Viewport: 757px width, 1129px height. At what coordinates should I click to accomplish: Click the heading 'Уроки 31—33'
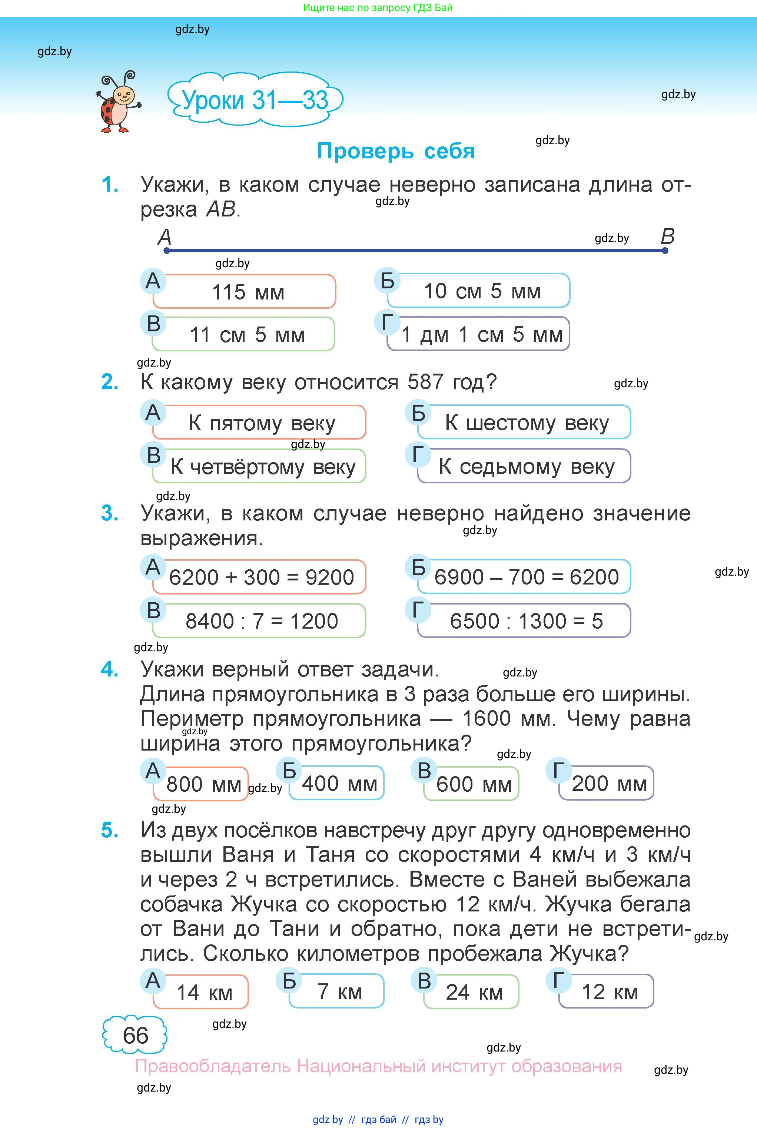(x=255, y=100)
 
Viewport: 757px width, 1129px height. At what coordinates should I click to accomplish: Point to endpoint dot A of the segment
(x=167, y=251)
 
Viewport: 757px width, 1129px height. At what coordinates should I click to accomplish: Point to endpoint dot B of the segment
(x=665, y=251)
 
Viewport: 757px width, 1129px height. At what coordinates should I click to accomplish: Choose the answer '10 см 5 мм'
(x=482, y=291)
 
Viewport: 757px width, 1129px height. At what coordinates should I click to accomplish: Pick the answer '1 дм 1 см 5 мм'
(x=481, y=334)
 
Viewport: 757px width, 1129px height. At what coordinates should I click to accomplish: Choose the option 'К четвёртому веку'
(x=263, y=467)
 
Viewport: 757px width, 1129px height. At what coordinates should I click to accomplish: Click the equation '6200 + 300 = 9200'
(x=261, y=577)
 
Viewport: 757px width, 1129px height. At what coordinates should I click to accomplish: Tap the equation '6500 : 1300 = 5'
(x=526, y=621)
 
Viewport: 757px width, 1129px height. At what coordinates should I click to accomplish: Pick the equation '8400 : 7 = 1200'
(x=261, y=621)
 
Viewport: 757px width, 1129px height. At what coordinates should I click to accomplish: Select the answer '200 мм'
(x=609, y=783)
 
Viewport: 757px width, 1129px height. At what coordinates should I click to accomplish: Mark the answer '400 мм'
(x=339, y=783)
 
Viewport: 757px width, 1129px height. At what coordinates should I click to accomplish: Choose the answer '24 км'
(x=474, y=992)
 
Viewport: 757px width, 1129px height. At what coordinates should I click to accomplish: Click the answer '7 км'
(x=339, y=991)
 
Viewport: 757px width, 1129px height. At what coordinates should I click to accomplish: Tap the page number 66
(x=135, y=1035)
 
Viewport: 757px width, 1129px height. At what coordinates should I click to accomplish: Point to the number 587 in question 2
(x=425, y=382)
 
